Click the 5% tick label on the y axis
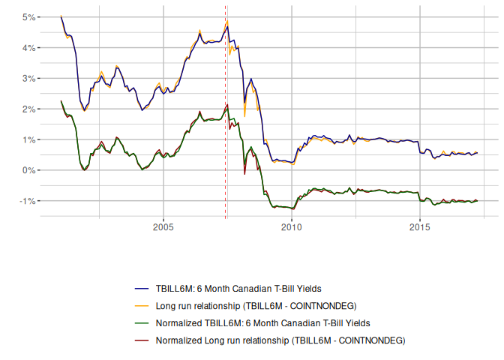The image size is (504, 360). point(28,16)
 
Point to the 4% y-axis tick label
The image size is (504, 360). point(28,47)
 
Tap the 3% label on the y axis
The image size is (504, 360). point(28,78)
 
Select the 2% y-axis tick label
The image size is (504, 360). point(28,109)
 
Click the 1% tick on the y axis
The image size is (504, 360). point(28,139)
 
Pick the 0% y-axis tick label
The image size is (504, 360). point(28,170)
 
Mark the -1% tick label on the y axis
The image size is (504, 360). point(26,201)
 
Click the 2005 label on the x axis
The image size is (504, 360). point(163,226)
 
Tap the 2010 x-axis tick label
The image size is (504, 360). point(292,226)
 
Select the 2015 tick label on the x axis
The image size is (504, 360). point(420,226)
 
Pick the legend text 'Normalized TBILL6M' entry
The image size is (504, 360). point(263,322)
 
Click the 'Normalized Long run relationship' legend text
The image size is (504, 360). point(280,340)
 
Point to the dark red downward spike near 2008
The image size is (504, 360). point(244,173)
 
